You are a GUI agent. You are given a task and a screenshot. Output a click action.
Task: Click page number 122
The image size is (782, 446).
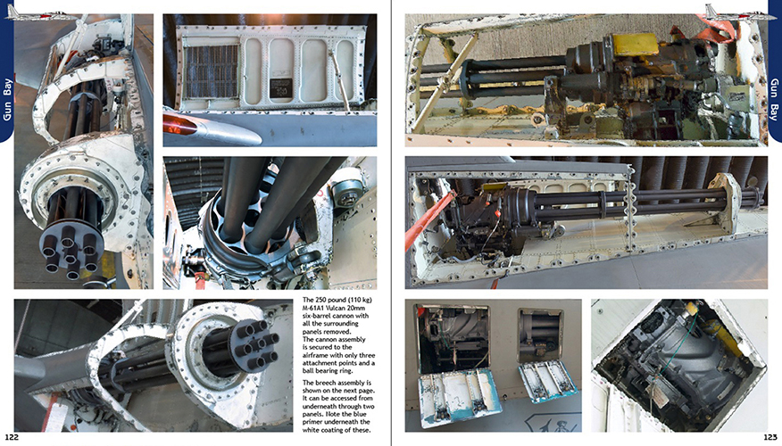click(x=12, y=437)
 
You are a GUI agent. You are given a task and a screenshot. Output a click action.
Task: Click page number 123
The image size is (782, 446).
click(x=770, y=437)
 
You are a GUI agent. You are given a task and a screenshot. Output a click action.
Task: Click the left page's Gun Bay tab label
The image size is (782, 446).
click(x=7, y=99)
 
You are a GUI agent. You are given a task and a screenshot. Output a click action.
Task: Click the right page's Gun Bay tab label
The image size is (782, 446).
click(x=775, y=99)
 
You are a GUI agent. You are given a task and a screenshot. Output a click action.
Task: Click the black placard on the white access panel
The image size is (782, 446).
click(x=281, y=87)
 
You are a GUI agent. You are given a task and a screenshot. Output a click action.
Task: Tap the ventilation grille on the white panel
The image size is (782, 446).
click(x=212, y=71)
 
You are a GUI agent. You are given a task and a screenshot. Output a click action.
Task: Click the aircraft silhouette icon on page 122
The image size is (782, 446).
click(x=40, y=13)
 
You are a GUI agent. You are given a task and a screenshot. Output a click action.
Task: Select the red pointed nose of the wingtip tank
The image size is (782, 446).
click(x=179, y=125)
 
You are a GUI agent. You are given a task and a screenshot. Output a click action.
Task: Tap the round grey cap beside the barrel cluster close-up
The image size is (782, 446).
click(x=347, y=190)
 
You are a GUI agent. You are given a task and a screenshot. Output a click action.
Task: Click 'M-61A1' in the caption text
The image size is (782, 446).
click(x=313, y=308)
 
